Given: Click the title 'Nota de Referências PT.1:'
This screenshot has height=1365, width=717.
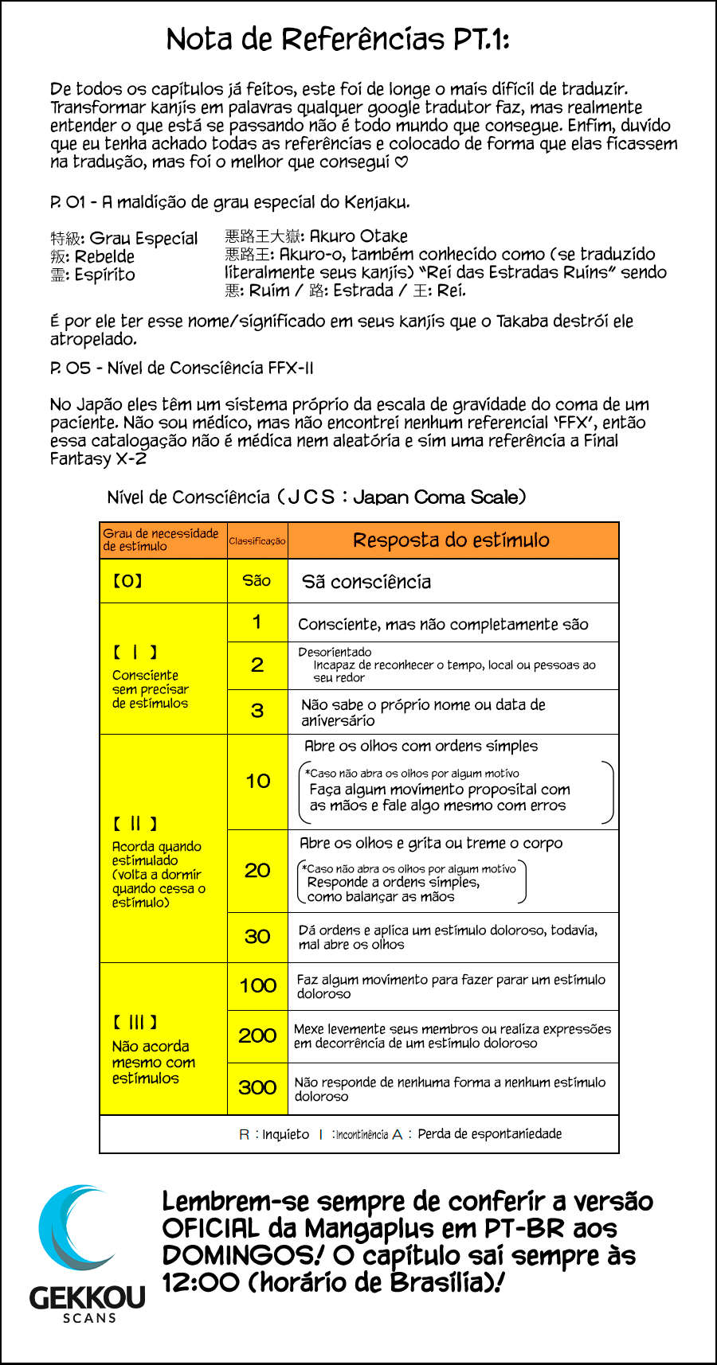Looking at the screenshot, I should point(338,39).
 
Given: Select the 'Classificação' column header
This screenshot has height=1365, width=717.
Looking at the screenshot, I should point(257,541).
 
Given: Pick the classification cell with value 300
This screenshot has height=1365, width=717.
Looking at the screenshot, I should point(257,1087).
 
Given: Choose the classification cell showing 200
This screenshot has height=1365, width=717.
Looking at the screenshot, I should point(257,1035).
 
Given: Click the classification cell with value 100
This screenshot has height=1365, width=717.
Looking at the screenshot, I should point(257,985).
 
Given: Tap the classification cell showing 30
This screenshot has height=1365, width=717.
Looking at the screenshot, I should point(257,937).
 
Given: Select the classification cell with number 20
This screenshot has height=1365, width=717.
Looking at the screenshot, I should point(257,871).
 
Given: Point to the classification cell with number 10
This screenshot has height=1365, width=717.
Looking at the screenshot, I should point(257,782).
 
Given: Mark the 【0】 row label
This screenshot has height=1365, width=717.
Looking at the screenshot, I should point(127,581).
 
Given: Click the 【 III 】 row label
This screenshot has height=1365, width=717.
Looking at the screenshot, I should point(135,1022).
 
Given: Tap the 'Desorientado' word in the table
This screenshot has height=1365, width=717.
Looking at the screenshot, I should point(335,652).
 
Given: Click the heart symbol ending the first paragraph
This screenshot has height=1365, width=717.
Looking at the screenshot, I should point(402,162).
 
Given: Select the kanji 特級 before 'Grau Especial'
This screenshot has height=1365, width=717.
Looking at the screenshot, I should point(64,239).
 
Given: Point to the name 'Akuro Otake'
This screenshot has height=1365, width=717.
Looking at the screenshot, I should point(358,236).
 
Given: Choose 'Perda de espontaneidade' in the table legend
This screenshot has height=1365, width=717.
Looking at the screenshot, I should point(489,1134).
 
